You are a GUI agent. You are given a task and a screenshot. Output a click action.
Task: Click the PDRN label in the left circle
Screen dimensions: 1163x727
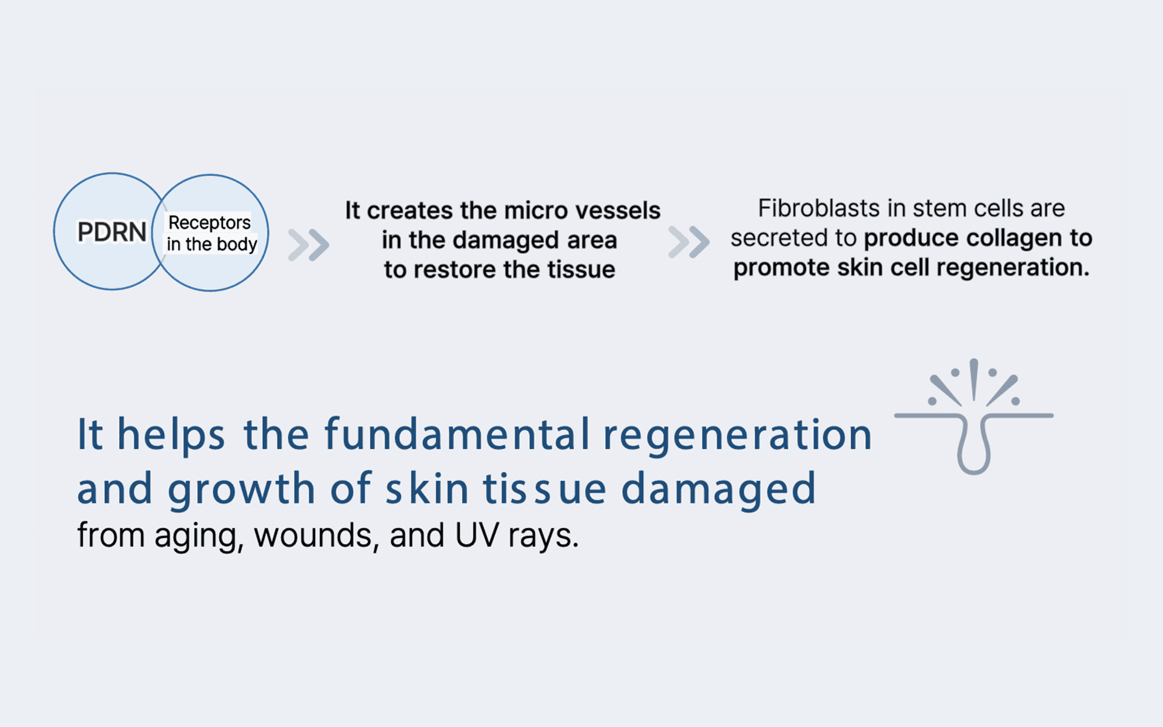tap(112, 231)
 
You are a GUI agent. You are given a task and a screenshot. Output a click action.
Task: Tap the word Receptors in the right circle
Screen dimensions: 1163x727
tap(210, 223)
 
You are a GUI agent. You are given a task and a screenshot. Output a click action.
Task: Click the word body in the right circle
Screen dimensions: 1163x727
tap(237, 244)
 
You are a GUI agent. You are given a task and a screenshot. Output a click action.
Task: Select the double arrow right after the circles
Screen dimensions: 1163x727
tap(309, 245)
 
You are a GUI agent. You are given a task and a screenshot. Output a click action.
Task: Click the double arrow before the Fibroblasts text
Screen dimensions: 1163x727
tap(689, 242)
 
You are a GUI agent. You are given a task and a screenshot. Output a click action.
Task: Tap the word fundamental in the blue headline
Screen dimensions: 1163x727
tap(458, 434)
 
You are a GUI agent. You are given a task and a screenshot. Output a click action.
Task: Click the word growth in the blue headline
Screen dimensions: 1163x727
tap(241, 489)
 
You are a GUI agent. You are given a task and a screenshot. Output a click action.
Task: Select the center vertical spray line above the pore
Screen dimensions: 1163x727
tap(974, 379)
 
